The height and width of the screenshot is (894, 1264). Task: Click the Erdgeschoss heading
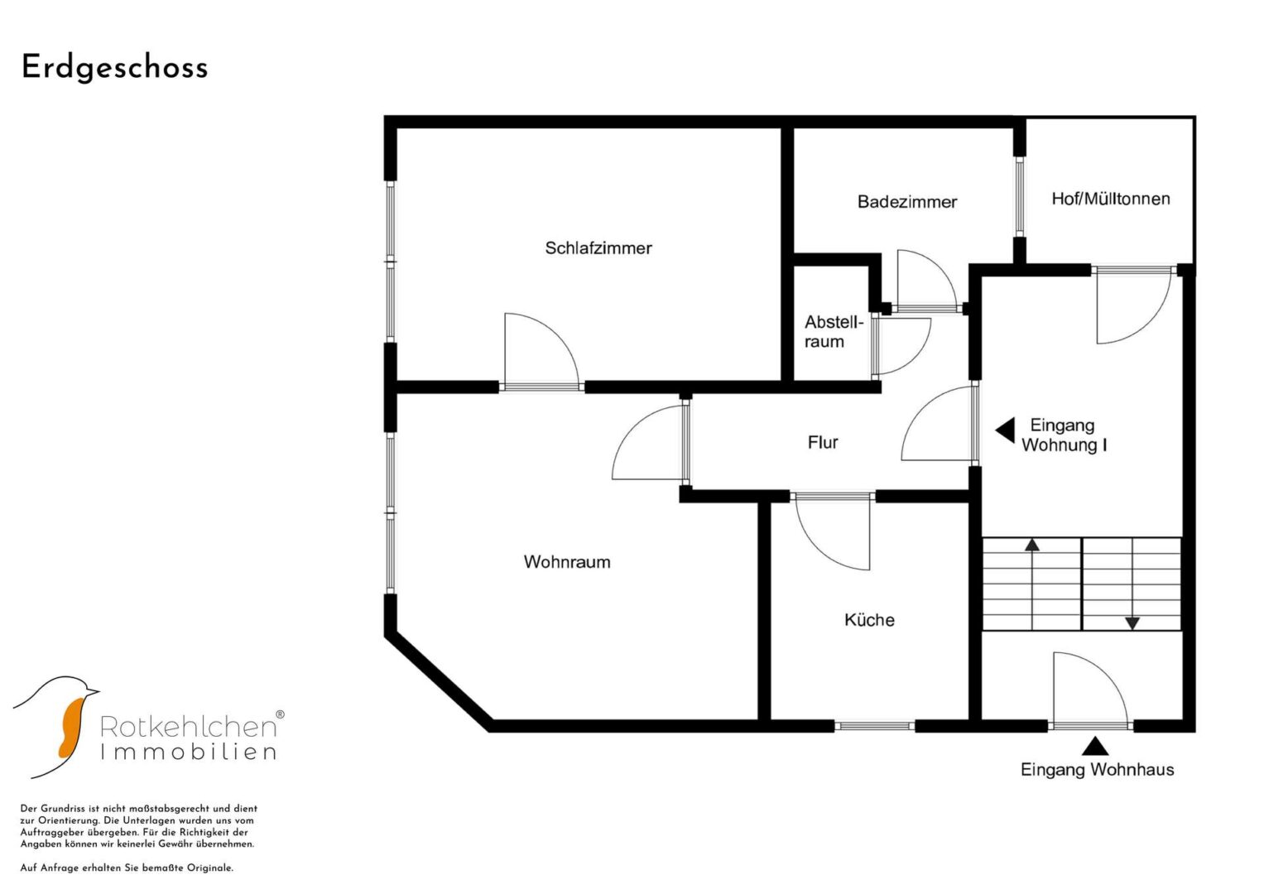(x=114, y=68)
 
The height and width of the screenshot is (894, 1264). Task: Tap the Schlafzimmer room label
(x=598, y=248)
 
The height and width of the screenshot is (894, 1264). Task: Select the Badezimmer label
(x=906, y=201)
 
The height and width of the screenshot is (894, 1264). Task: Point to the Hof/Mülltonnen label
(x=1111, y=199)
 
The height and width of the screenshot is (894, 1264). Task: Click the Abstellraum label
(x=834, y=332)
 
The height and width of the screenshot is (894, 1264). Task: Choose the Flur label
(x=823, y=442)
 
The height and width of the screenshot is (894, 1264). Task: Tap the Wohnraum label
(x=566, y=561)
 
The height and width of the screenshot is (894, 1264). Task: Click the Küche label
(x=869, y=620)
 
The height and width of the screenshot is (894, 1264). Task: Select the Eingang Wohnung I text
(x=1064, y=435)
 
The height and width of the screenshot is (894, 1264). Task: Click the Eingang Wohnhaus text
(x=1097, y=770)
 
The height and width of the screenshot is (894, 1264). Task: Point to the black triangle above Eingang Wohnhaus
(x=1094, y=746)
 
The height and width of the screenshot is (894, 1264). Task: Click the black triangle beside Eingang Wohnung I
(x=1005, y=430)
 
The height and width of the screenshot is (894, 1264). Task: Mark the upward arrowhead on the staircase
(x=1032, y=545)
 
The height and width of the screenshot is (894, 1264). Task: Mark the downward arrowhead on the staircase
(x=1132, y=623)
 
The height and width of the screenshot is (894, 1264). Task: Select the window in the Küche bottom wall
(x=874, y=726)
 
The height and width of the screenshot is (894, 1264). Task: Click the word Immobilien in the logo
(x=189, y=752)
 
